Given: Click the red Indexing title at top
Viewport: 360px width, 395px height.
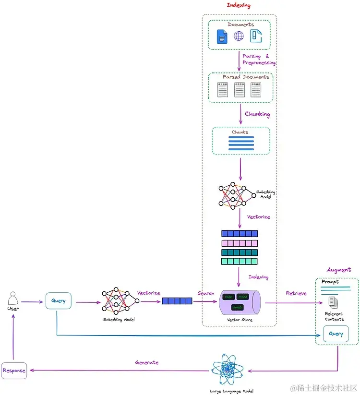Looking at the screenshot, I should [x=238, y=5].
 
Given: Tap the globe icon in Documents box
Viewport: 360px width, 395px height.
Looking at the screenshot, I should [x=239, y=36].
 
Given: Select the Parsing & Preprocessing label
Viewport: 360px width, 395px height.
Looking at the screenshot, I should [x=258, y=60].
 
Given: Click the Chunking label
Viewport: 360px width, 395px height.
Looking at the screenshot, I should [x=257, y=114].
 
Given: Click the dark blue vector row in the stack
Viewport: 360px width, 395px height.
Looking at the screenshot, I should [x=239, y=234].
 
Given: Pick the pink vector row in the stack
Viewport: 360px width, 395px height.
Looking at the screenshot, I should [x=239, y=243].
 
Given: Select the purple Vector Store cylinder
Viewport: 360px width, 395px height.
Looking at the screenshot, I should [x=240, y=302].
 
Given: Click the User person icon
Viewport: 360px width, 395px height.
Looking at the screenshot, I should [x=13, y=299].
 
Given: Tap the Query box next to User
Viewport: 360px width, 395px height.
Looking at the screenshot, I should [x=58, y=301].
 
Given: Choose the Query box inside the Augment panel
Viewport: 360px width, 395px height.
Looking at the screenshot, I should [x=336, y=334].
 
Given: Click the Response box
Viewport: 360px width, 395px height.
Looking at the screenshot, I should [x=14, y=371].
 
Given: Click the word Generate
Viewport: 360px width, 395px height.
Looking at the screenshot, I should [x=146, y=362].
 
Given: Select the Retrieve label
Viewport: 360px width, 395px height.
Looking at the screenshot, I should [x=296, y=293].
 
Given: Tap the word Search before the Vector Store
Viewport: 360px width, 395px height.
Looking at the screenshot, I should [x=205, y=293].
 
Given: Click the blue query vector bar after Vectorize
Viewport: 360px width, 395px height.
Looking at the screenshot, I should [x=177, y=301].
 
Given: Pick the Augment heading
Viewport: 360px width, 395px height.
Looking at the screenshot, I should [x=338, y=270].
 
